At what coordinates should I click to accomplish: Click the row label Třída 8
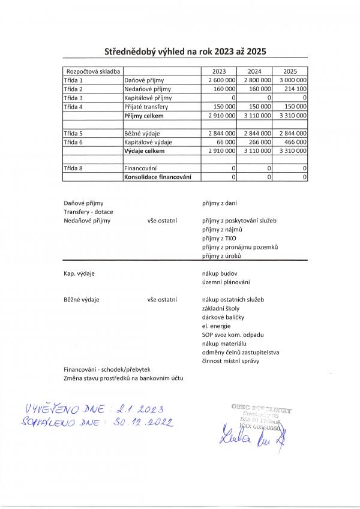73,168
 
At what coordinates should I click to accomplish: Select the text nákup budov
221,273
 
